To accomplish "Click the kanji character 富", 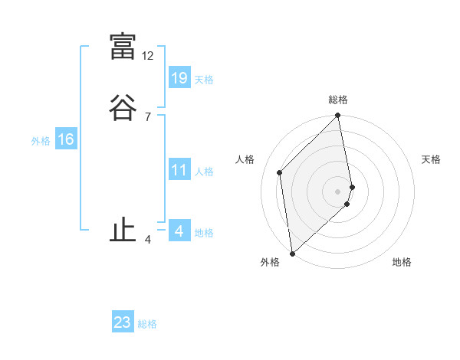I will click(123, 46).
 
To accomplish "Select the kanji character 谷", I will click(123, 107).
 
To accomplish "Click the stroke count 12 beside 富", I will click(148, 56).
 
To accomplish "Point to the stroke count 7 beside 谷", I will click(148, 117).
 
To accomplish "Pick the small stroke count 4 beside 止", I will click(148, 240).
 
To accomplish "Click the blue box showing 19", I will click(179, 77).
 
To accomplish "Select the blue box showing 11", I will click(179, 170).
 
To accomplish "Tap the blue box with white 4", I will click(179, 231).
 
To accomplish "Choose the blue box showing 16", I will click(65, 139).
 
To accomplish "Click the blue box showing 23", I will click(123, 322).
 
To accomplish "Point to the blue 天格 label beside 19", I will click(204, 80).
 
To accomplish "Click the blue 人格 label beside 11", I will click(204, 172).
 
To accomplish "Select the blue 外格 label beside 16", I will click(41, 141).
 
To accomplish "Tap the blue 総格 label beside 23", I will click(147, 324).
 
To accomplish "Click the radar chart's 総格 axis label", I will click(338, 100).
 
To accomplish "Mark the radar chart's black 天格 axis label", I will click(431, 159).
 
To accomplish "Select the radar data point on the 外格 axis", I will click(291, 254).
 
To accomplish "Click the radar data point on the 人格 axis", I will click(280, 172).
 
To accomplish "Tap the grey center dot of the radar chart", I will click(338, 191).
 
